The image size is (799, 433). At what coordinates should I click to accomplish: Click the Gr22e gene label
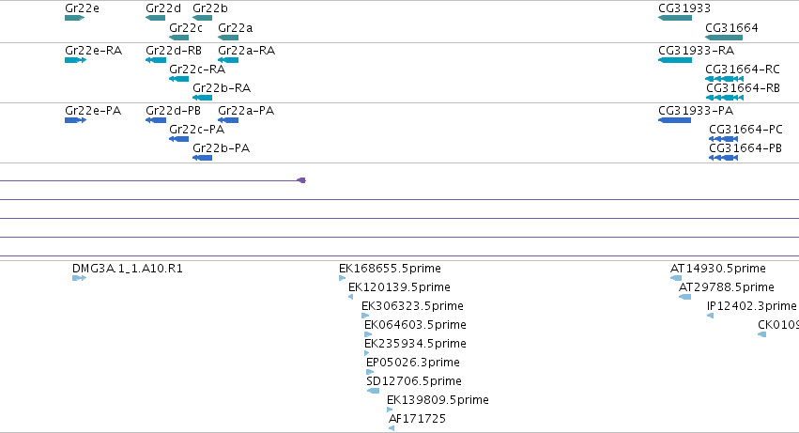pos(82,8)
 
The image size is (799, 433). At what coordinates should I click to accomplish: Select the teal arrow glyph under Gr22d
pos(156,18)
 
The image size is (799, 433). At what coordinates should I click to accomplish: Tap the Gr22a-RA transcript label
pos(247,51)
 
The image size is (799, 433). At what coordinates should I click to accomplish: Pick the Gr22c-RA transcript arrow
pos(178,79)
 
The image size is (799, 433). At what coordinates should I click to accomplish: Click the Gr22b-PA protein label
pos(222,148)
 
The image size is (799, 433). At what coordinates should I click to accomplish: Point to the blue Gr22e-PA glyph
pos(75,120)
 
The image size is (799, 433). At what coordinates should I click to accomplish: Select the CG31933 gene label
pos(684,8)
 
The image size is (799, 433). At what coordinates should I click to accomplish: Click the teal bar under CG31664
pos(724,38)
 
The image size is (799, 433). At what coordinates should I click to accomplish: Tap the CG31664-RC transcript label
pos(743,70)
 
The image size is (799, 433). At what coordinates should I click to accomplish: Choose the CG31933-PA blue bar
pos(675,120)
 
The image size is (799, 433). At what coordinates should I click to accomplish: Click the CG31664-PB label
pos(745,148)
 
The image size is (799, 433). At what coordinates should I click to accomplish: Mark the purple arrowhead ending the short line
pos(301,180)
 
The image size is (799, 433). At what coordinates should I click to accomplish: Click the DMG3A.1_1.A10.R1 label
pos(128,269)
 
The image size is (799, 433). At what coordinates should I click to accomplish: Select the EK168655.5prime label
pos(390,269)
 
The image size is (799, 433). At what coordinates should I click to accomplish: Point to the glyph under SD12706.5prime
pos(373,391)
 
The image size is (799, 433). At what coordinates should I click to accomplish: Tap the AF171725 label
pos(417,419)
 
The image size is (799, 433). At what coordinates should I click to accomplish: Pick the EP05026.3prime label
pos(413,363)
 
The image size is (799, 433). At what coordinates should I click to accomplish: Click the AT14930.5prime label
pos(718,269)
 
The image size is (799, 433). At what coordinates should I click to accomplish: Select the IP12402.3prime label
pos(752,306)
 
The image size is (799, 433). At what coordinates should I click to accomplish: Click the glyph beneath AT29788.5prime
pos(684,297)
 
